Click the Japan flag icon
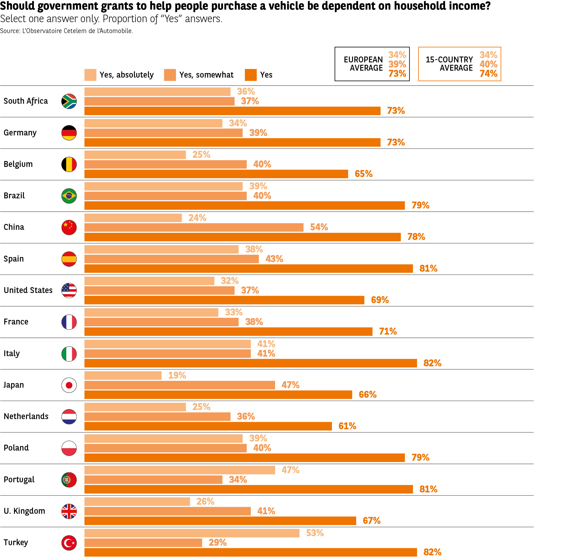click(x=69, y=385)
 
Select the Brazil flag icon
click(x=69, y=195)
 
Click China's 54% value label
click(x=319, y=227)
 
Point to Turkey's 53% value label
click(x=315, y=532)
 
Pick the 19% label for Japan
click(x=177, y=375)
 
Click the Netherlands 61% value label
click(x=347, y=426)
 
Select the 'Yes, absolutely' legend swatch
click(x=90, y=75)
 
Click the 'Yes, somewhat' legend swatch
click(x=170, y=75)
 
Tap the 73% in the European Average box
click(x=397, y=73)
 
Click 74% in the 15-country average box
click(x=488, y=73)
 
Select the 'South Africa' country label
click(x=26, y=101)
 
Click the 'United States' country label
click(x=28, y=290)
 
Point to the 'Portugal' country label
click(x=19, y=479)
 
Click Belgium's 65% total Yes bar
click(x=216, y=174)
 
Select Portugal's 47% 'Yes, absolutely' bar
click(x=180, y=470)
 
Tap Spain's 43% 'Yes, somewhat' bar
click(x=171, y=259)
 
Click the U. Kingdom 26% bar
click(x=137, y=501)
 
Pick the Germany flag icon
click(x=69, y=133)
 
